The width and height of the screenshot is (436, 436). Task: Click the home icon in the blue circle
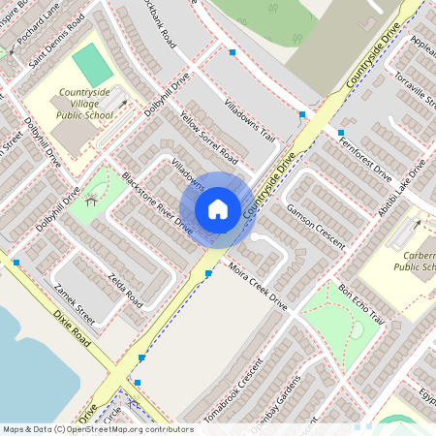(218, 208)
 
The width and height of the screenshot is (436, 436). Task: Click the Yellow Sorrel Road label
(208, 136)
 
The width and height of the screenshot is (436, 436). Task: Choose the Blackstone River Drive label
(157, 202)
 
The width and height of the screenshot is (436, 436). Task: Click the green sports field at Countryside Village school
(92, 64)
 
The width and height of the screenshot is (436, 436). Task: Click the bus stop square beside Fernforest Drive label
(341, 132)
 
